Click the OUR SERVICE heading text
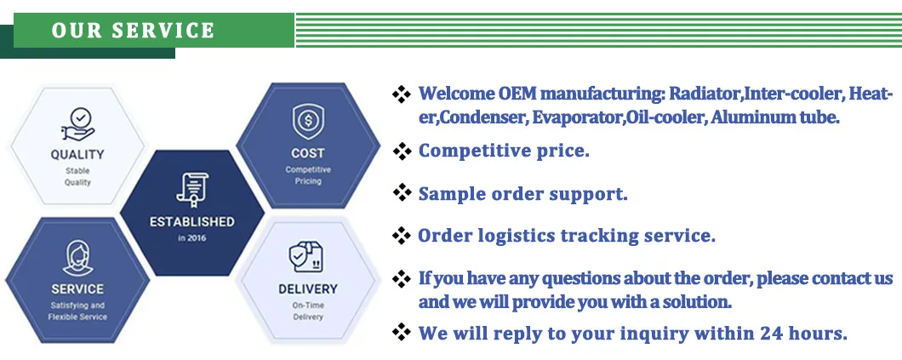click(134, 31)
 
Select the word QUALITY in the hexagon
click(77, 155)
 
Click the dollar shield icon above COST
click(307, 122)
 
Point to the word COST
click(307, 153)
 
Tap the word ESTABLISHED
click(191, 221)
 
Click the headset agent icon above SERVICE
click(77, 257)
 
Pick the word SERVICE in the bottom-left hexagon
click(77, 289)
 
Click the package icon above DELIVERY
click(307, 256)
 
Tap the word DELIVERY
click(307, 289)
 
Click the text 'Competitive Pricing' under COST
click(307, 175)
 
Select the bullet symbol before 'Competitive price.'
click(402, 151)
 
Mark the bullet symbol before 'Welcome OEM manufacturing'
click(402, 94)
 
